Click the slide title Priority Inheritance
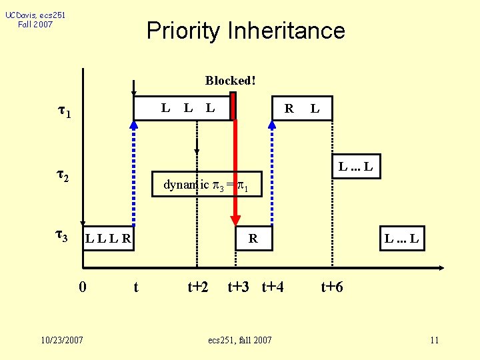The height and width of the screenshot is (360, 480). [245, 31]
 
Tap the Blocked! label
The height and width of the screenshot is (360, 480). [230, 81]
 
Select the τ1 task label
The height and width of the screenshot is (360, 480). [64, 112]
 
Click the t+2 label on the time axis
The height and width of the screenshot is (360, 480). [197, 287]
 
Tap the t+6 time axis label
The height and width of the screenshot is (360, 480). [332, 287]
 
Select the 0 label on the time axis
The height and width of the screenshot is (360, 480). [82, 287]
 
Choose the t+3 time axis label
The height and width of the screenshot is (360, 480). [239, 287]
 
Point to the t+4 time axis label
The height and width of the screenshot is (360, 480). [273, 287]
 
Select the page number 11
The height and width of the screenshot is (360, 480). [434, 341]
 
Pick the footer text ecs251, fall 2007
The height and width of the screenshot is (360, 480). [240, 341]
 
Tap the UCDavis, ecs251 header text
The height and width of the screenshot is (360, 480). [35, 15]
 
